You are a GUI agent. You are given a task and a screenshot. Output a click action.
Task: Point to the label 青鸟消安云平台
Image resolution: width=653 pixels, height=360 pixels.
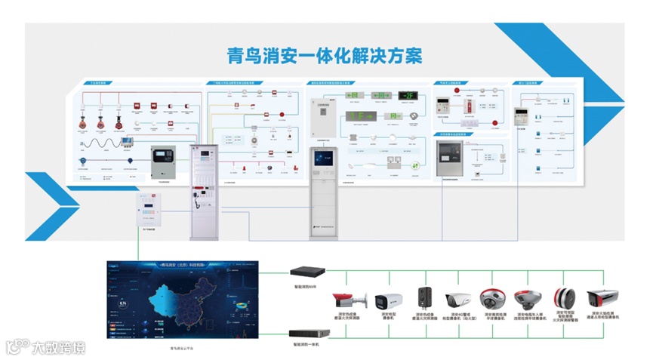tap(183, 348)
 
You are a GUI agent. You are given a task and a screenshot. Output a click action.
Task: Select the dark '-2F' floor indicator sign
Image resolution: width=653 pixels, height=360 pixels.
tap(408, 96)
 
